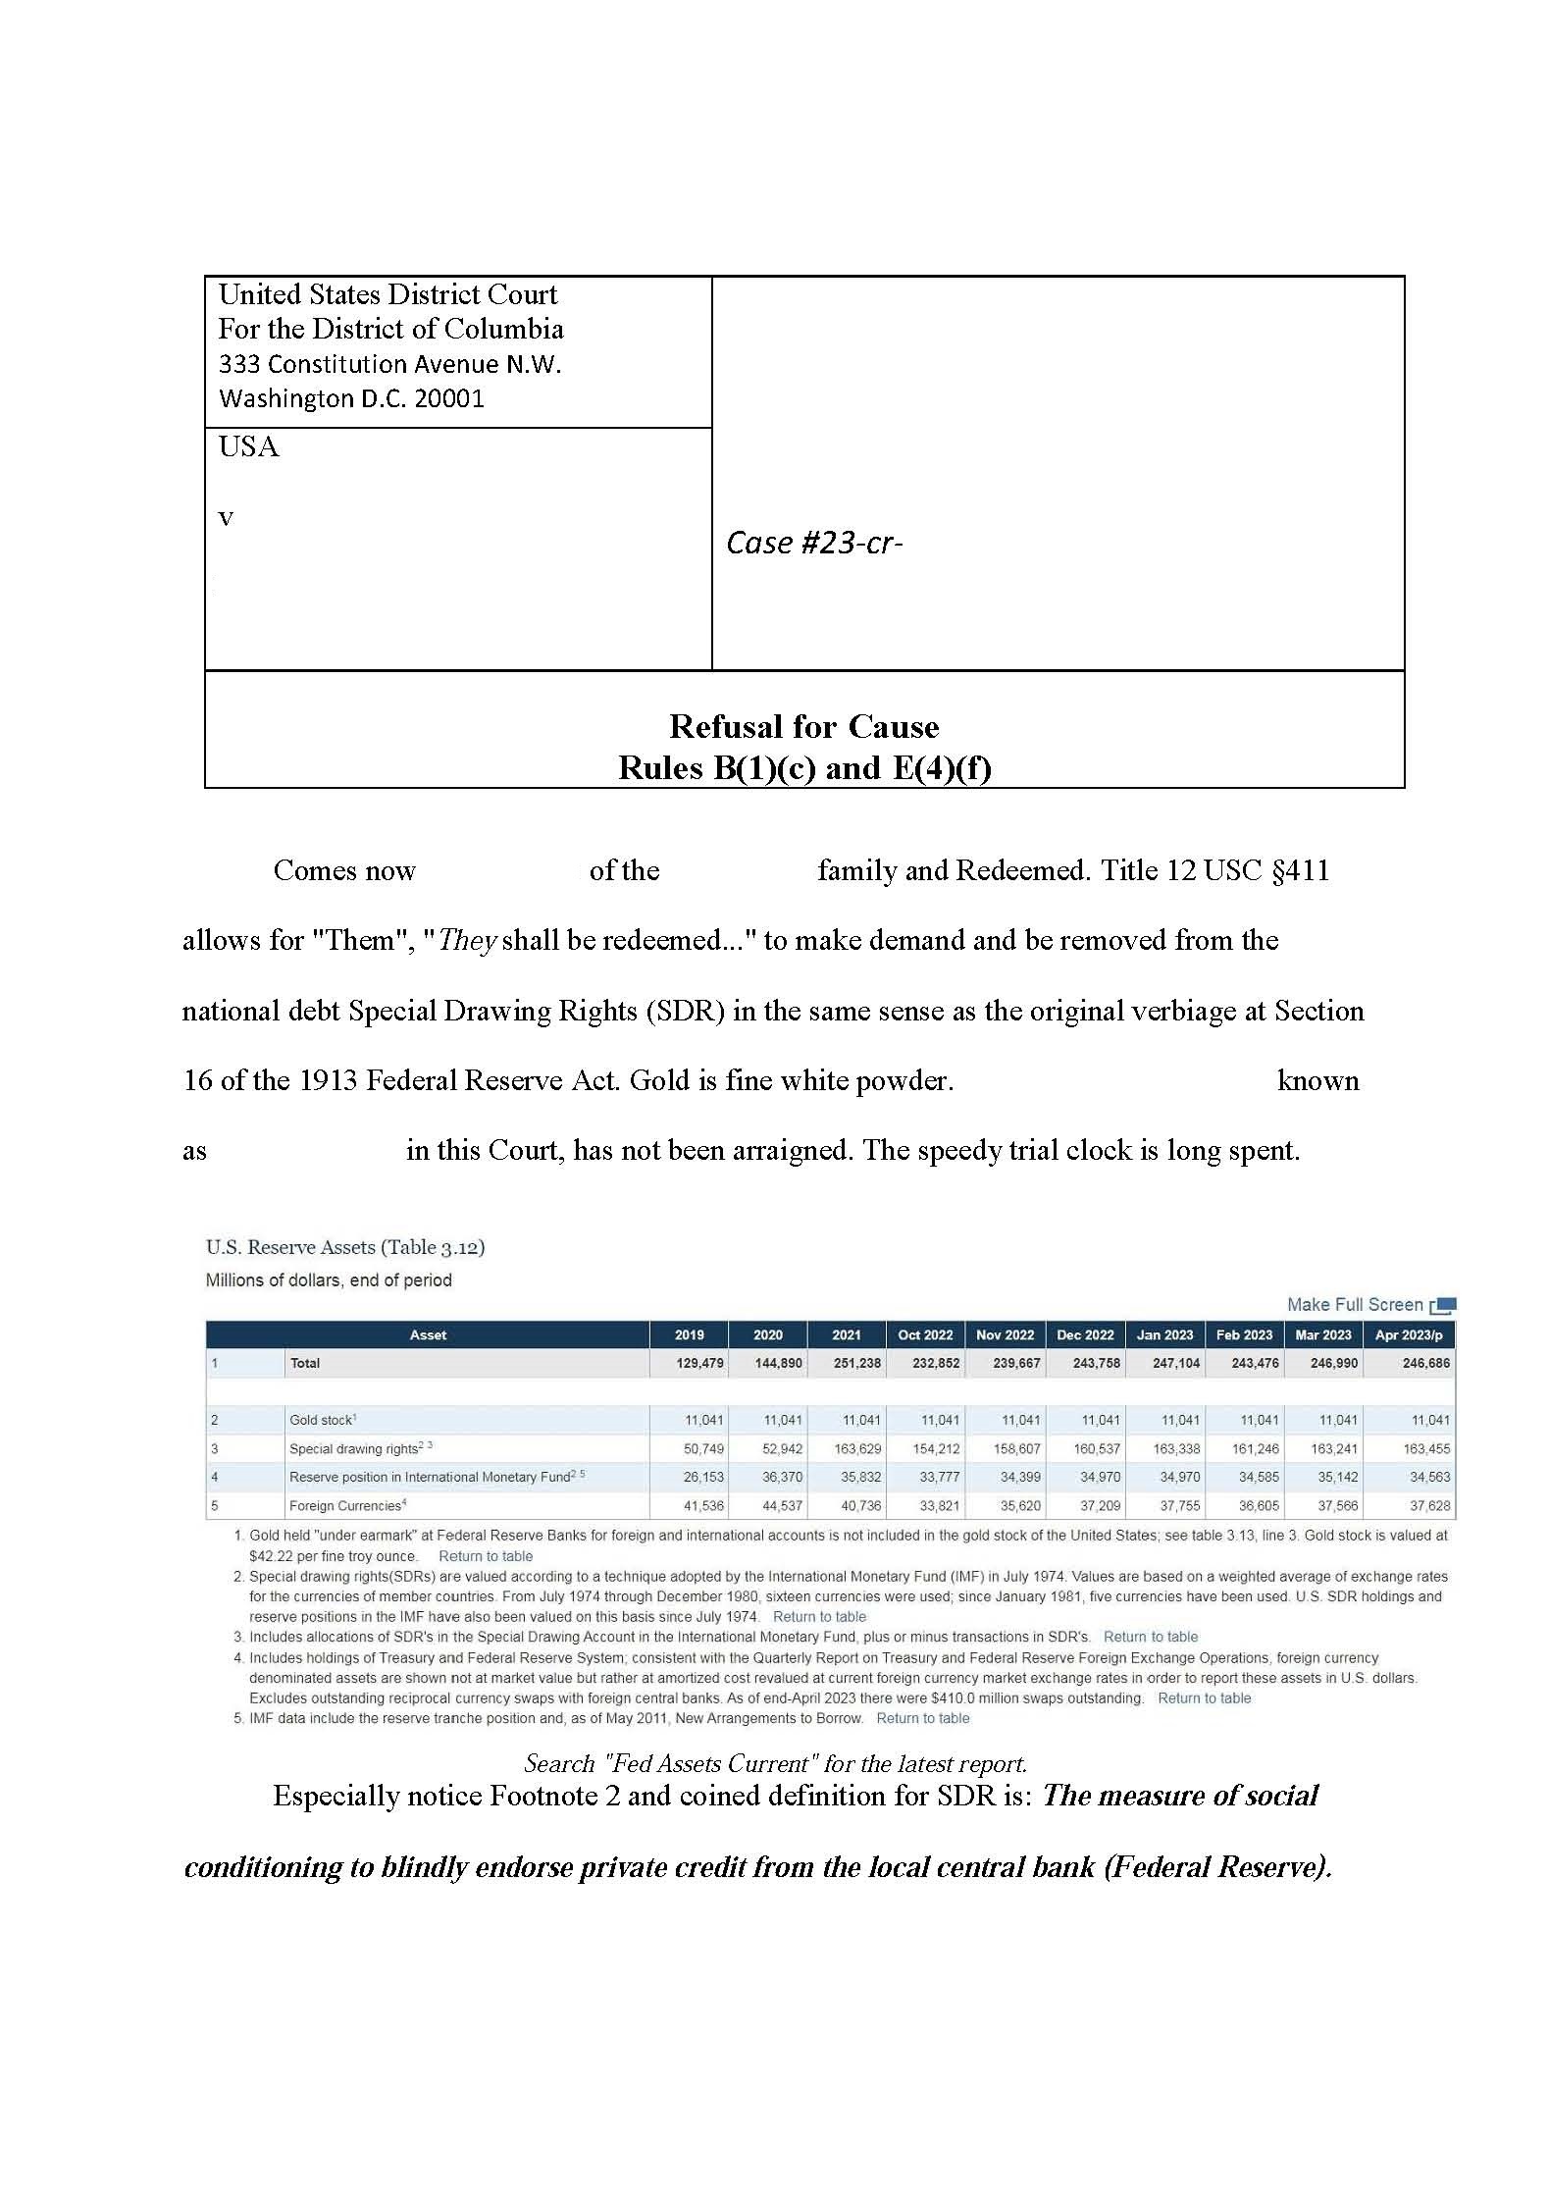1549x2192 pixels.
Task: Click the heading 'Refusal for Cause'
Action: tap(803, 726)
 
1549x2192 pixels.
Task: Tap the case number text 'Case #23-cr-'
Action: tap(813, 543)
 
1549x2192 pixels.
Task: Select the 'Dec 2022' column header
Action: tap(1085, 1334)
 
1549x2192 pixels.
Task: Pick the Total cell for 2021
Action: tap(855, 1363)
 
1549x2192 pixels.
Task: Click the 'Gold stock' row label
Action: tap(322, 1420)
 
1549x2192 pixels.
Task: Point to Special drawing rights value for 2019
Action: tap(699, 1448)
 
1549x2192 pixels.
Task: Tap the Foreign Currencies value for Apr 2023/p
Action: tap(1429, 1505)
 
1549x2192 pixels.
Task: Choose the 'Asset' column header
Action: tap(428, 1334)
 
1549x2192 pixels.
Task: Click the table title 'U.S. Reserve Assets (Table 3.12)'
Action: tap(345, 1247)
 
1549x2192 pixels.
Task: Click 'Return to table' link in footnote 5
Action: tap(922, 1718)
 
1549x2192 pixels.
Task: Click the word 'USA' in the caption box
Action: tap(248, 447)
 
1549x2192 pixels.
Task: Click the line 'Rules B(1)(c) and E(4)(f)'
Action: tap(803, 767)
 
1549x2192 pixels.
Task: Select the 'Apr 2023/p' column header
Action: tap(1408, 1334)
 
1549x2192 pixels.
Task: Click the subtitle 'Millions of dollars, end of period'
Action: tap(329, 1279)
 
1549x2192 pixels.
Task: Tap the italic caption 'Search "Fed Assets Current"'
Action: tap(775, 1763)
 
